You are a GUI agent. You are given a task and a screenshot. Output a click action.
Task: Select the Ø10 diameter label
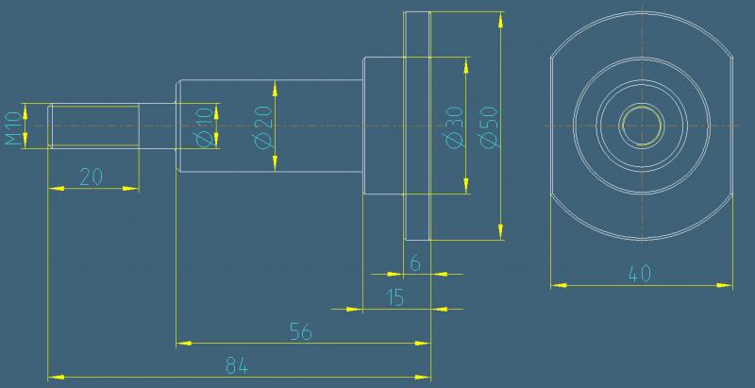[205, 127]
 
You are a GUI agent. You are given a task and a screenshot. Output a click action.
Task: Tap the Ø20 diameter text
[264, 127]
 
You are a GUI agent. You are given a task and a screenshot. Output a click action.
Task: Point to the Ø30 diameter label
[455, 127]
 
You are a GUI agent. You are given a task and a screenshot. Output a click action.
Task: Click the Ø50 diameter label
[489, 127]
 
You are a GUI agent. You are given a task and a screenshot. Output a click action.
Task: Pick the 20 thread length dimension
[91, 177]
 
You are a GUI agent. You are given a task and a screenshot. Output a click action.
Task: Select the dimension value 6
[415, 263]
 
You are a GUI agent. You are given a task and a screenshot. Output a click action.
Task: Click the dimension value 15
[395, 298]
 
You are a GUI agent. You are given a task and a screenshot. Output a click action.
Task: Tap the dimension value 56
[301, 332]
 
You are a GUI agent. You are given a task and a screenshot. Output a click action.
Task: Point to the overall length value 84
[237, 367]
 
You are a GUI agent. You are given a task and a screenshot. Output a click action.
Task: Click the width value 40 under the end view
[640, 275]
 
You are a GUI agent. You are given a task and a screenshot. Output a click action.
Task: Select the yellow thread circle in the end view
[642, 107]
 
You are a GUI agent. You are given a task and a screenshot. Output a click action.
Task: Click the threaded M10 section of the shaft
[93, 126]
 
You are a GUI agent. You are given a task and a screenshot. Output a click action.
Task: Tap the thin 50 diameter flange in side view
[417, 126]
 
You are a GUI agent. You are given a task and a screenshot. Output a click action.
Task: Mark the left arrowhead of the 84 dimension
[56, 377]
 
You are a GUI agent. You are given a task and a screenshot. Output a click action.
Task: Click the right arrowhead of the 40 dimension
[725, 285]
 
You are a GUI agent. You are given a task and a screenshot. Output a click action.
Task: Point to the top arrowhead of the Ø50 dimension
[501, 19]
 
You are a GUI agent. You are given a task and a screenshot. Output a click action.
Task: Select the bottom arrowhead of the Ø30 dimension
[466, 186]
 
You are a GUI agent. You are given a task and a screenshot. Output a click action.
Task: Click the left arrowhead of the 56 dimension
[184, 344]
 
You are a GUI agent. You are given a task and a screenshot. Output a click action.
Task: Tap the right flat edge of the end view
[732, 126]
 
